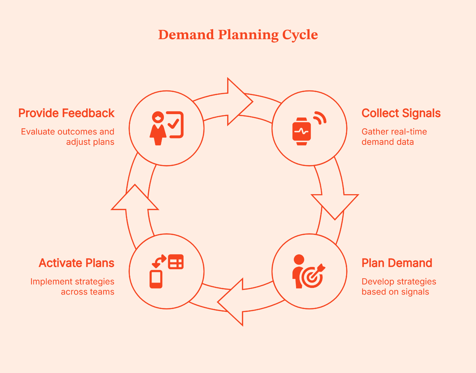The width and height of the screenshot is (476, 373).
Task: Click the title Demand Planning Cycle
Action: pos(238,35)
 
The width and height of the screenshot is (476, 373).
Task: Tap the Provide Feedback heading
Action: pos(66,113)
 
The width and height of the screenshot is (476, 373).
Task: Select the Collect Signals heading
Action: pos(401,113)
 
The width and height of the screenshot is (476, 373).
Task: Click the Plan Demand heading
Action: pos(397,263)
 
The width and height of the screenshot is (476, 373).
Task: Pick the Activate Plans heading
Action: pos(77,263)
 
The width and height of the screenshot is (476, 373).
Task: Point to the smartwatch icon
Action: pos(302,131)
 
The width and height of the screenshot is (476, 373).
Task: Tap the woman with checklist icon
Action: pos(166,128)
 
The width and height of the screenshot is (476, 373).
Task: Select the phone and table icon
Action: pos(166,271)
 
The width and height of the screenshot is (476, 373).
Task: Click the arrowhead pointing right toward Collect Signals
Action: pos(238,102)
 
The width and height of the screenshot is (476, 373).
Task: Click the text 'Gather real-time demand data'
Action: pos(394,137)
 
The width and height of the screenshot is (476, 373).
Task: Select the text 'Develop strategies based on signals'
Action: pos(399,287)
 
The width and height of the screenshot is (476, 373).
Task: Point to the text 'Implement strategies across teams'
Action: pos(72,287)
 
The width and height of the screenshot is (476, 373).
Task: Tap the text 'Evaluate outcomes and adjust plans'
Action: pos(68,137)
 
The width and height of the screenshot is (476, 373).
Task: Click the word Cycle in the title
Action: pos(300,35)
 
